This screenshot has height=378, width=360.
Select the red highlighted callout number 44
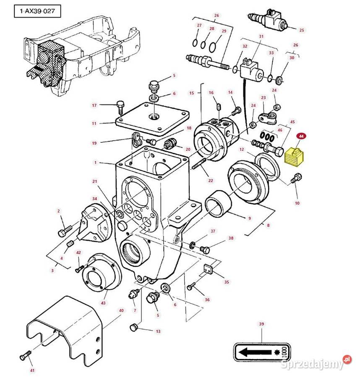(301, 136)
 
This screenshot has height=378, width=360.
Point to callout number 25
(301, 30)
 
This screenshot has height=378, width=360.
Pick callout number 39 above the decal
(261, 324)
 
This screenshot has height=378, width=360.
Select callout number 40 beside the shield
(122, 310)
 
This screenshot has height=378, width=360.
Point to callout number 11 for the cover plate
(94, 123)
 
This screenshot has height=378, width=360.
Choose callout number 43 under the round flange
(103, 302)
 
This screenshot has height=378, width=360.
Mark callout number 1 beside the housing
(96, 162)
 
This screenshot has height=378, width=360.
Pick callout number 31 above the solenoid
(261, 37)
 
